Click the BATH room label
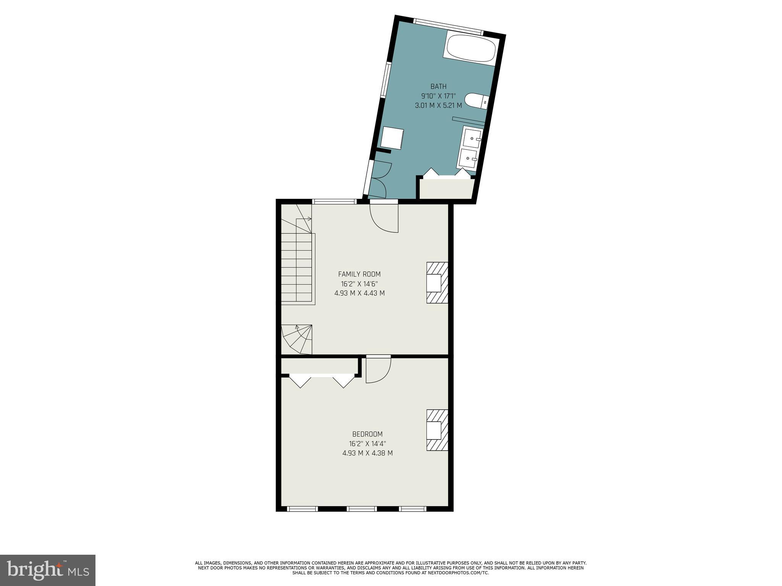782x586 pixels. point(438,87)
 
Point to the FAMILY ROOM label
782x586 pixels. point(359,274)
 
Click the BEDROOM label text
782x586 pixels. point(367,434)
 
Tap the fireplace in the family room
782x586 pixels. point(436,283)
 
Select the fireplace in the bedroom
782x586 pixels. point(436,430)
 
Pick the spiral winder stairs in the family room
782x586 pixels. point(297,339)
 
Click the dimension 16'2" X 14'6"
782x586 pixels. point(359,284)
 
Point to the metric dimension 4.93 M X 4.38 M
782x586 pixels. point(367,453)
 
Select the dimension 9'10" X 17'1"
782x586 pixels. point(438,96)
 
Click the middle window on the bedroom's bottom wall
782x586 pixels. point(362,509)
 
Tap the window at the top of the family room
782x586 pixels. point(334,201)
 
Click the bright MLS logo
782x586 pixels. point(48,570)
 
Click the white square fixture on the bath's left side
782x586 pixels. point(392,138)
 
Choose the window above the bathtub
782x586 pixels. point(448,26)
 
